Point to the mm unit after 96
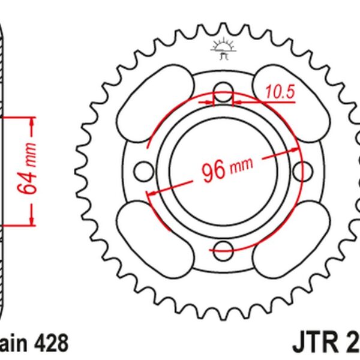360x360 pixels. click(x=241, y=164)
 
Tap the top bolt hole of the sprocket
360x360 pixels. click(x=223, y=93)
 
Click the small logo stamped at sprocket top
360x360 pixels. click(x=223, y=49)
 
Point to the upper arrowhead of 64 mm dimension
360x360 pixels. click(x=32, y=120)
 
